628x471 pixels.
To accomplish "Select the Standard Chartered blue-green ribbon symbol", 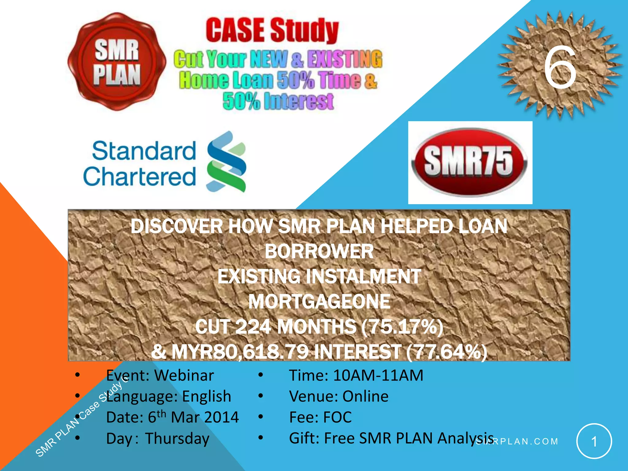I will [226, 162].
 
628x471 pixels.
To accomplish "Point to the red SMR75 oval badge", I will [469, 162].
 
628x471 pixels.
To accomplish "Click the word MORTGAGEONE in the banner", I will [319, 302].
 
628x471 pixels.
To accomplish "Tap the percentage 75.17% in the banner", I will [402, 327].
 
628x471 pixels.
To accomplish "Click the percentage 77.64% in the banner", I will [446, 351].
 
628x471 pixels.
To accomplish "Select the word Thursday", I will [177, 438].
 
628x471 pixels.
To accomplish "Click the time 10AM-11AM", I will [378, 375].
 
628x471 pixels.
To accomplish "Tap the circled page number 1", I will [594, 441].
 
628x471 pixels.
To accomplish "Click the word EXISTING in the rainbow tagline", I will [345, 59].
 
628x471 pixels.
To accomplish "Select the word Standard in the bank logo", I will [144, 151].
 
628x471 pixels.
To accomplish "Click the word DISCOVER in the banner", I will [176, 226].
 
